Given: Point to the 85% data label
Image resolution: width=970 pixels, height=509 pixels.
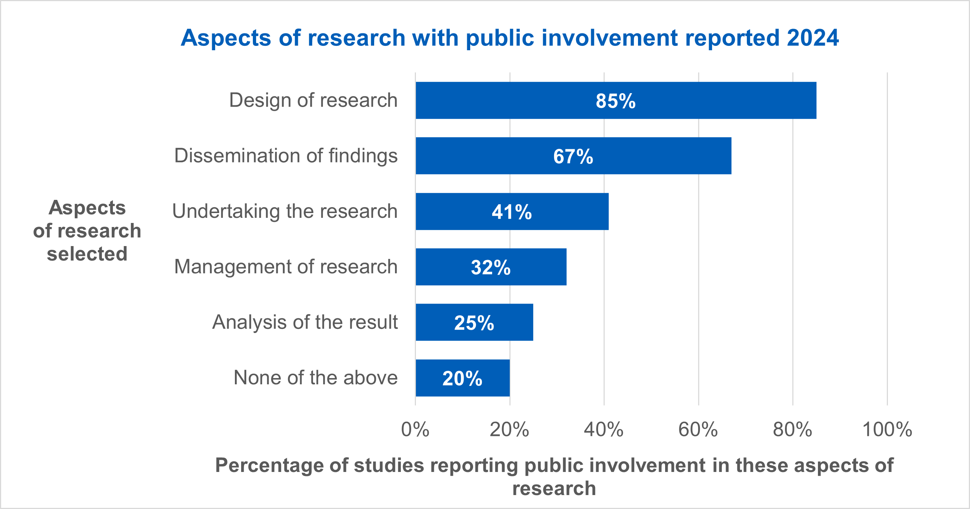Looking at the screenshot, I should tap(616, 101).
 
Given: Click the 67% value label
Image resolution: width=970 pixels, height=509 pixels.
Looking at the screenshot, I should tap(573, 156).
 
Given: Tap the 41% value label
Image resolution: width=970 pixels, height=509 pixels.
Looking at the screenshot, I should tap(512, 212).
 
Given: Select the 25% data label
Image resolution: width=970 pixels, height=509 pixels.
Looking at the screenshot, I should tap(474, 323).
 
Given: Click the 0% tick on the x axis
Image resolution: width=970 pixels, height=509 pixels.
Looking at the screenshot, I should tap(415, 429).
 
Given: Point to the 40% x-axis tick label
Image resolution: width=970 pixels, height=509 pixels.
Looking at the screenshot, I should tap(604, 429).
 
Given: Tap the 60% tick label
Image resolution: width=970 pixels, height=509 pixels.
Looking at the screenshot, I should tap(698, 429).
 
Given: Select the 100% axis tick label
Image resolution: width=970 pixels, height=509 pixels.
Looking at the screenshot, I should tap(887, 429).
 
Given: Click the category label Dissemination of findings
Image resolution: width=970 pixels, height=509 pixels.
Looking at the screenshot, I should tap(286, 155).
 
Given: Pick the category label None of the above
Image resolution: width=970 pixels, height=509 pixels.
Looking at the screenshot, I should tap(316, 377).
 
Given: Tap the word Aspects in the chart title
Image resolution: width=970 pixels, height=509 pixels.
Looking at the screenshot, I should tap(226, 38).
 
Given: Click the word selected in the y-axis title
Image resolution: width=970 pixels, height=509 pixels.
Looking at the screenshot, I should tap(87, 253).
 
